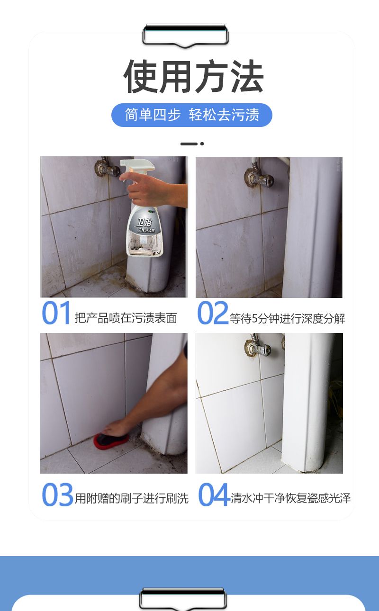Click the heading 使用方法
(193, 76)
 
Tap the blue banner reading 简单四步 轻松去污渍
(192, 115)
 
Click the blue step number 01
(56, 313)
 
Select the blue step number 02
(213, 313)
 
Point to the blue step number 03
(57, 494)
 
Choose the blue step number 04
(213, 494)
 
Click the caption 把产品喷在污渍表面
(126, 318)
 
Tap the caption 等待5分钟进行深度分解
(287, 318)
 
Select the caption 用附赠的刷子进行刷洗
(132, 498)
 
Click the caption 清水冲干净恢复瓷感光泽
(290, 498)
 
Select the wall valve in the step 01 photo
(107, 168)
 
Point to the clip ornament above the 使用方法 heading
(186, 36)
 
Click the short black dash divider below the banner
(192, 144)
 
